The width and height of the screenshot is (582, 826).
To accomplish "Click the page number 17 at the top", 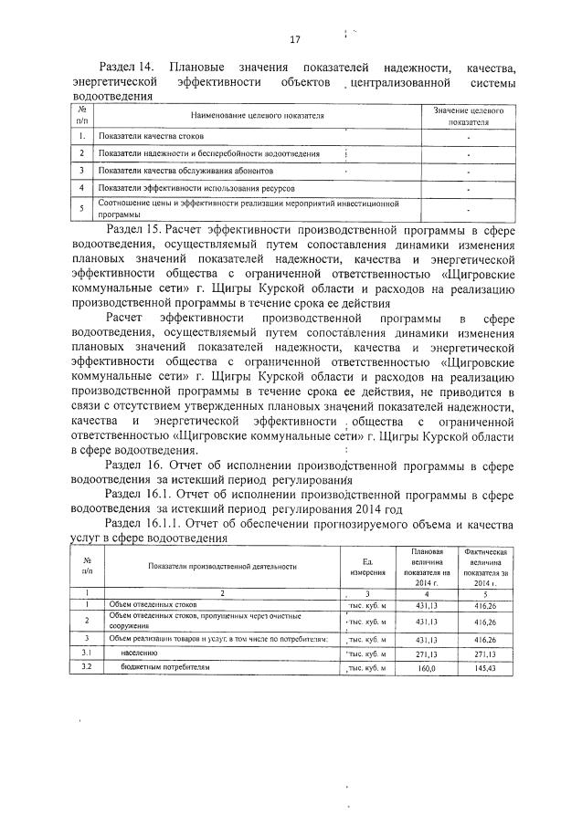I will pos(294,39).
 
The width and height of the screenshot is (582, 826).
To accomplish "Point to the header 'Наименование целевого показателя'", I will pos(257,116).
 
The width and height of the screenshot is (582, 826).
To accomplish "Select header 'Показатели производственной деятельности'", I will pos(223,566).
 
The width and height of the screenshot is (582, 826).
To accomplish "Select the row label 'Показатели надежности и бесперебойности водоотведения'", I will pos(209,152).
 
